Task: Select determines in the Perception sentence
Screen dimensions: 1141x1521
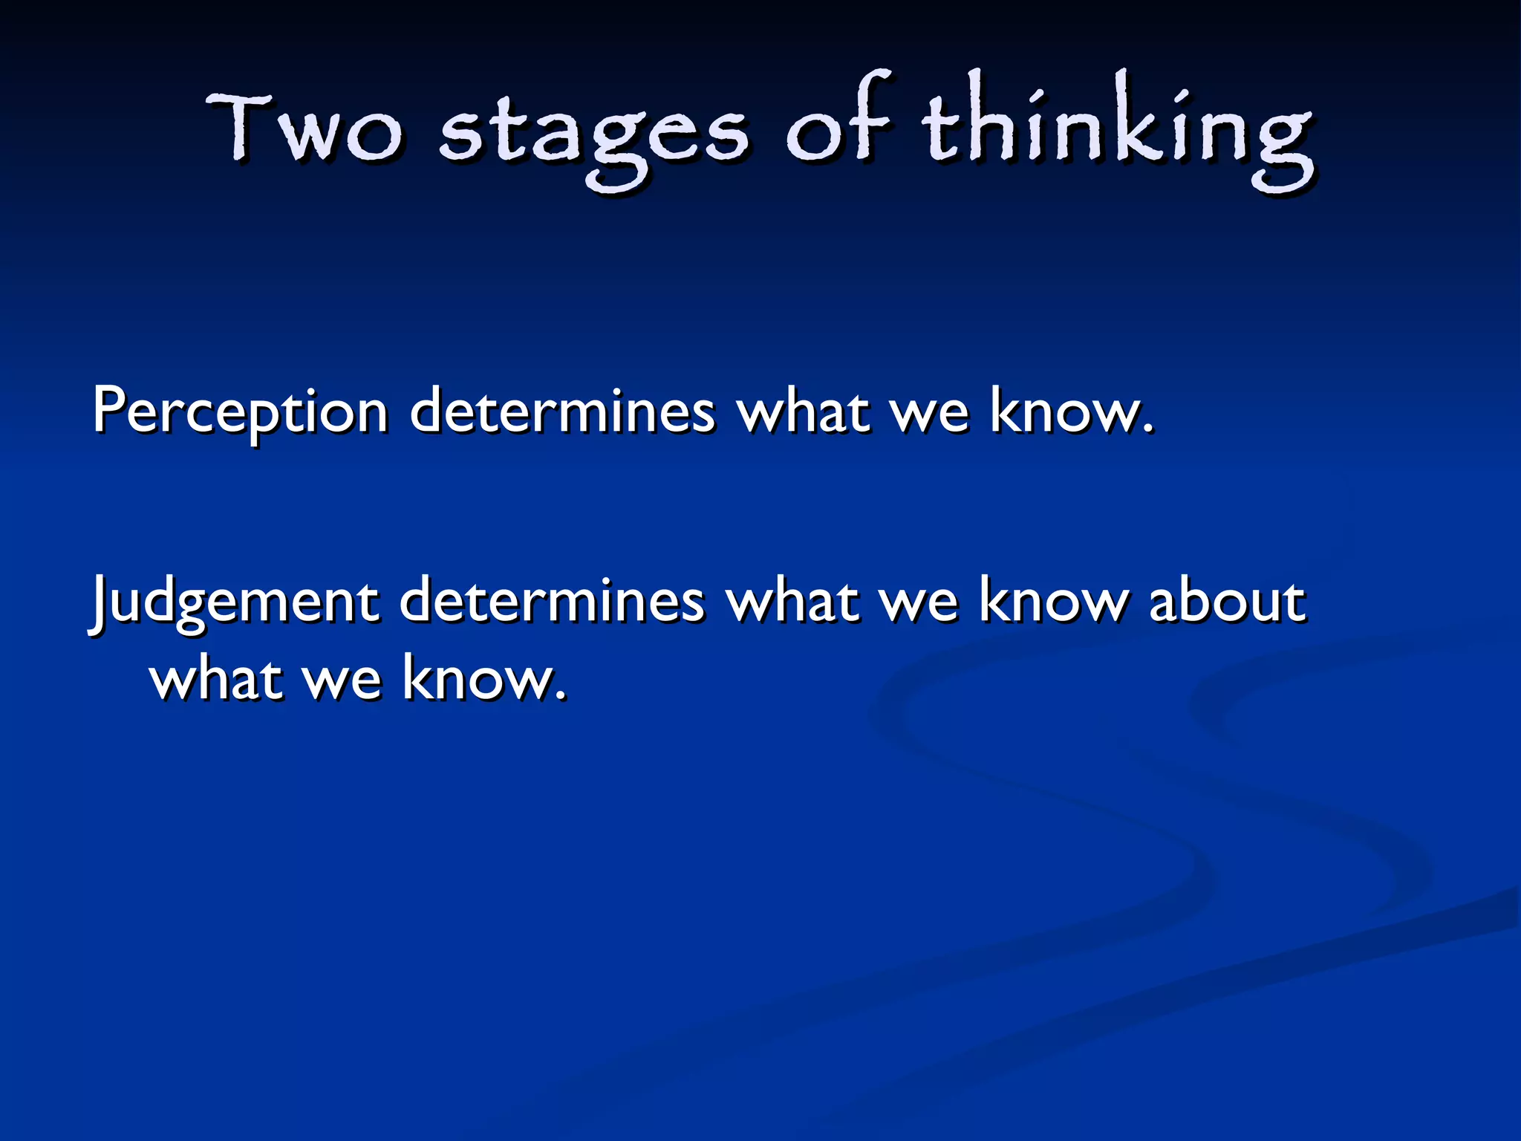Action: tap(562, 410)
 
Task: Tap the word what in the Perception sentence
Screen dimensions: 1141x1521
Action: tap(803, 410)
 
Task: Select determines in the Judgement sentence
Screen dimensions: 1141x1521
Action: tap(552, 600)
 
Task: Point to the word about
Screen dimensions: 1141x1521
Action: tap(1226, 600)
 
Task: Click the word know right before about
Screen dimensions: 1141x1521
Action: tap(1053, 600)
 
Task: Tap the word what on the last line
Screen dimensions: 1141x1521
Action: tap(216, 677)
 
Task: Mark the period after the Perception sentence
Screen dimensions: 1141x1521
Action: tap(1149, 429)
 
